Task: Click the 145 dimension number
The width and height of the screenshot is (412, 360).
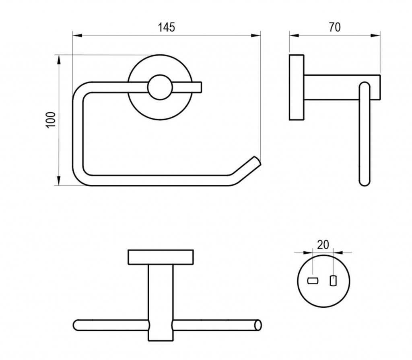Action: pos(166,27)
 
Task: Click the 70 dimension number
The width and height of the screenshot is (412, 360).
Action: pos(335,27)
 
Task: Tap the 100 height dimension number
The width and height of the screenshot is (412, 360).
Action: pos(51,120)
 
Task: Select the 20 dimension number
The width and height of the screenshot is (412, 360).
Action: pos(323,245)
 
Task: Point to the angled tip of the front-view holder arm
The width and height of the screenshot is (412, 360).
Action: pos(257,161)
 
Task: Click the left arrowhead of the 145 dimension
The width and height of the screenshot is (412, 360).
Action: pos(78,35)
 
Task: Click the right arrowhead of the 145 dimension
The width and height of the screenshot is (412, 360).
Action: pos(255,35)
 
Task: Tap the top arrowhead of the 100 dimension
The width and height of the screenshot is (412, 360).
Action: pos(59,60)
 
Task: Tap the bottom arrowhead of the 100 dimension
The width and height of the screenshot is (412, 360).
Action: pos(59,181)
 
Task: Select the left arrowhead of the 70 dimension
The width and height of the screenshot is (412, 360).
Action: pos(294,35)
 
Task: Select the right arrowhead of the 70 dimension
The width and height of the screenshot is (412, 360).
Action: pos(375,35)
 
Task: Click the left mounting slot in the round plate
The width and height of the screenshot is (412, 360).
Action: pos(313,281)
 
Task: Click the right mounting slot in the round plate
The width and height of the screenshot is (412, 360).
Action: pos(333,281)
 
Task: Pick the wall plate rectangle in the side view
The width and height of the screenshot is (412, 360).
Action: pos(297,87)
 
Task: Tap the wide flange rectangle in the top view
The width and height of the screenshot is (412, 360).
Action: pos(161,257)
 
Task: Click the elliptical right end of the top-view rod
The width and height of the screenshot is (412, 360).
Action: pos(259,325)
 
